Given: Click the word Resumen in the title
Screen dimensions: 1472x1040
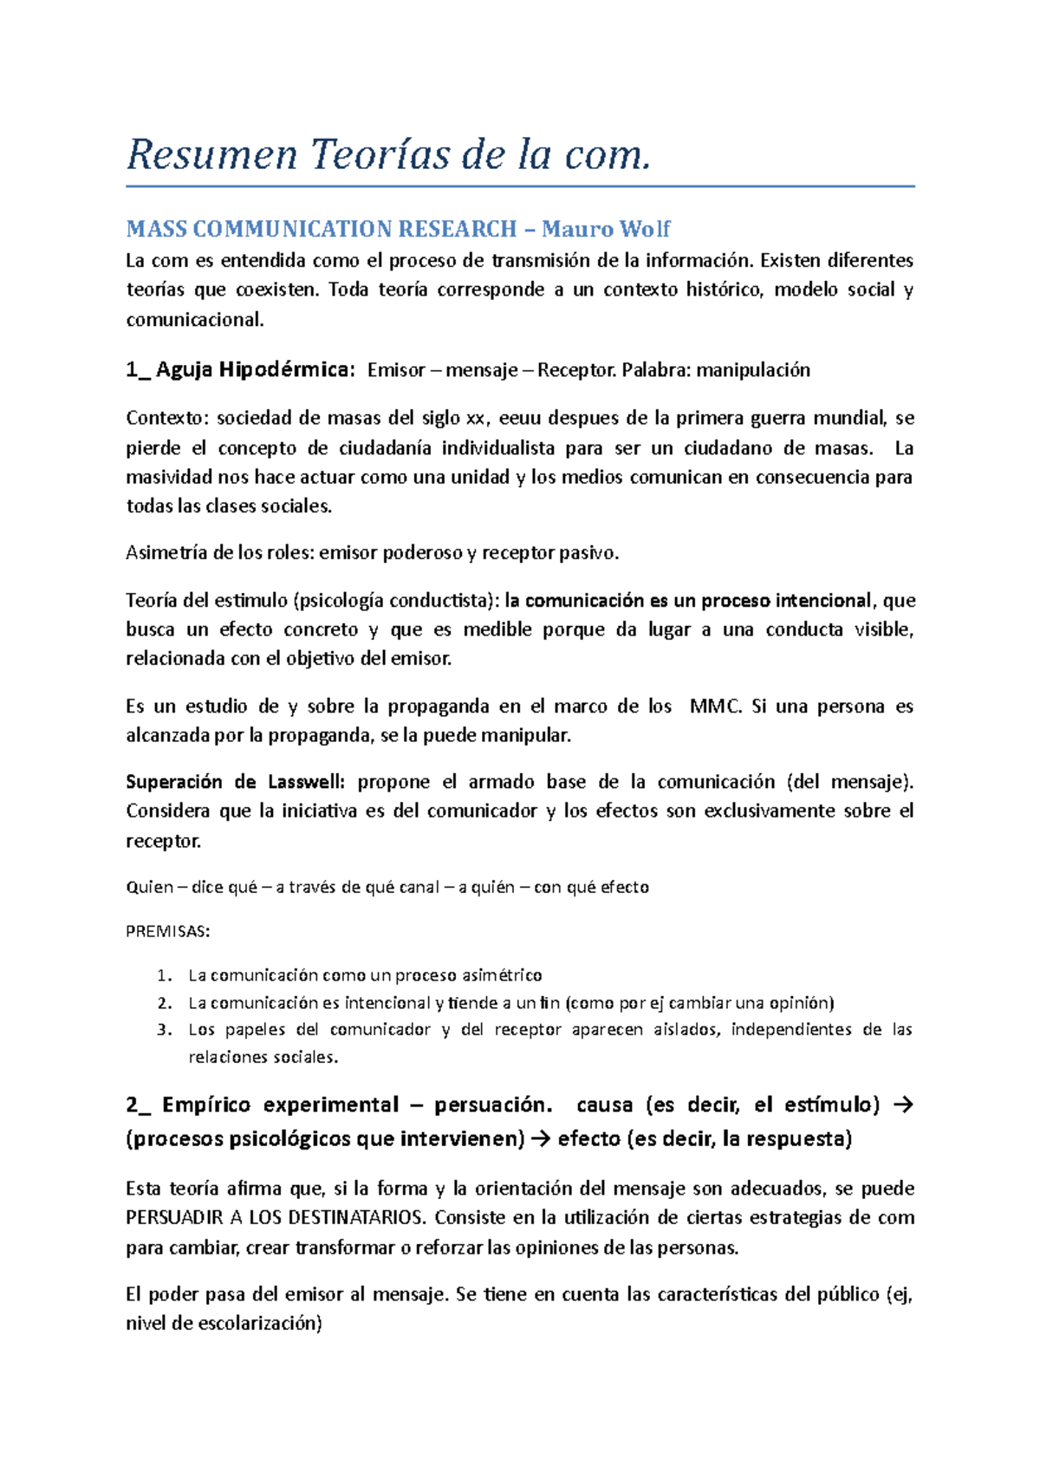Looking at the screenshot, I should (x=211, y=156).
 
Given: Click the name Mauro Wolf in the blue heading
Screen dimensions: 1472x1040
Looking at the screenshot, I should (x=606, y=230).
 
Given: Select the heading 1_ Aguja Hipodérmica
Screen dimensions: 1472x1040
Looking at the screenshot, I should (x=240, y=370).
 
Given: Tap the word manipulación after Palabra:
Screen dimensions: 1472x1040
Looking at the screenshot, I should (x=753, y=371).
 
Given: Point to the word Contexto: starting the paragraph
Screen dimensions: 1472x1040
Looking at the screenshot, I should (x=167, y=419).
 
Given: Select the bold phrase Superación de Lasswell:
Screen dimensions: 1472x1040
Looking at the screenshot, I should (x=235, y=782).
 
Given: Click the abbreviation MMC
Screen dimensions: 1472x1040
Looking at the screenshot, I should (x=716, y=707).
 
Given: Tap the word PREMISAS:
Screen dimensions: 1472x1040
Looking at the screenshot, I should (x=167, y=932).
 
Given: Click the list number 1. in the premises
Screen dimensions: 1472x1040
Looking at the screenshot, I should (x=165, y=976).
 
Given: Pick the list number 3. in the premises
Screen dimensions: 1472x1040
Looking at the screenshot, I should (x=165, y=1030).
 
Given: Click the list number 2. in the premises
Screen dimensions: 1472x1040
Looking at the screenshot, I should (x=165, y=1003).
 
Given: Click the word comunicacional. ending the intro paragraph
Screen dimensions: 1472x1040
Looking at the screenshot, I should (x=194, y=320).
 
